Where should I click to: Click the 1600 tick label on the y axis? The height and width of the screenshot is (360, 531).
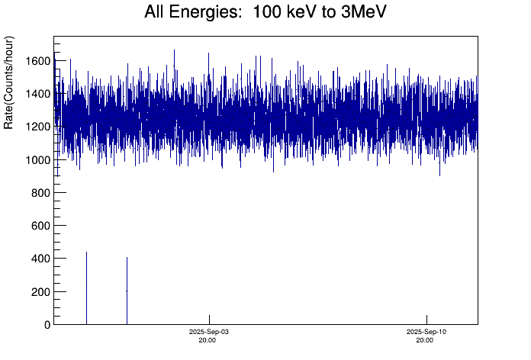(38, 61)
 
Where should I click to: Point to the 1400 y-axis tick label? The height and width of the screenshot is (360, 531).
(38, 94)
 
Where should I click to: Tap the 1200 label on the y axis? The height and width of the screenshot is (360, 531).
(38, 127)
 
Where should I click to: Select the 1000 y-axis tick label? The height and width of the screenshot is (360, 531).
(38, 160)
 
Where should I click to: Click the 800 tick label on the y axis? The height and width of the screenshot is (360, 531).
(41, 193)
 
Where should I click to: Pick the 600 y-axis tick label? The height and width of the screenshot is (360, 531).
(41, 226)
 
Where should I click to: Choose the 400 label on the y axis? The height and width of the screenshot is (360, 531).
(41, 259)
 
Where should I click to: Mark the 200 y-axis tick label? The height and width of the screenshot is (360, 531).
(41, 292)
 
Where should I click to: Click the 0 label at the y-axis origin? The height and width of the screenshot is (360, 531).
(47, 325)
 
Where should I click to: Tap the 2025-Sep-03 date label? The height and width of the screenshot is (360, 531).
(209, 333)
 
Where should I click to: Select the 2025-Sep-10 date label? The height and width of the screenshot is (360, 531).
(426, 333)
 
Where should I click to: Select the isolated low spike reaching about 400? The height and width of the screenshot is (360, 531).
(127, 291)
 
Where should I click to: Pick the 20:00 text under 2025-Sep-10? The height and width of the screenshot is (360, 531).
(426, 341)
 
